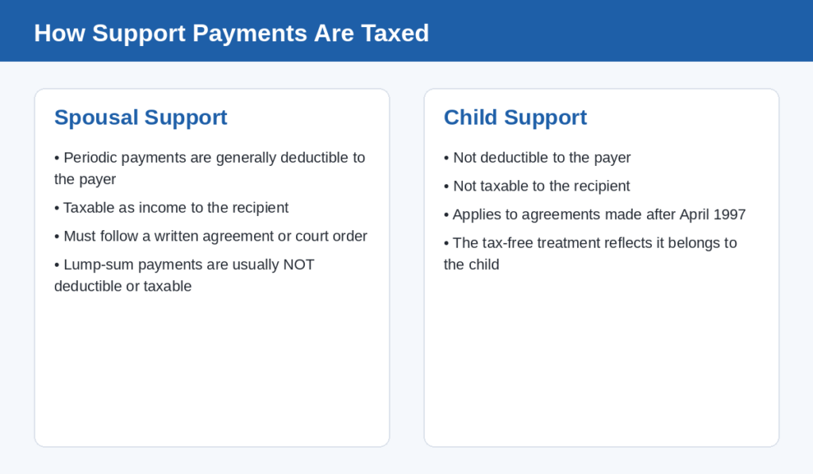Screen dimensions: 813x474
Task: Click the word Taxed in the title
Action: tap(395, 33)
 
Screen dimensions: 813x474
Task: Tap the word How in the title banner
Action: tap(59, 33)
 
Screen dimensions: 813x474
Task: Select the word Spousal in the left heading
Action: tap(96, 118)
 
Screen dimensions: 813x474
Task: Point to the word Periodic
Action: tap(91, 158)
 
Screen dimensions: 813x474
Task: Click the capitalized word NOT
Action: tap(299, 264)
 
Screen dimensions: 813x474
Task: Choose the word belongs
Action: tap(694, 243)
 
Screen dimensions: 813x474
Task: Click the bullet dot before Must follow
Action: tap(56, 237)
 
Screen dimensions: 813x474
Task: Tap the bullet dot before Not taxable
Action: tap(446, 186)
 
